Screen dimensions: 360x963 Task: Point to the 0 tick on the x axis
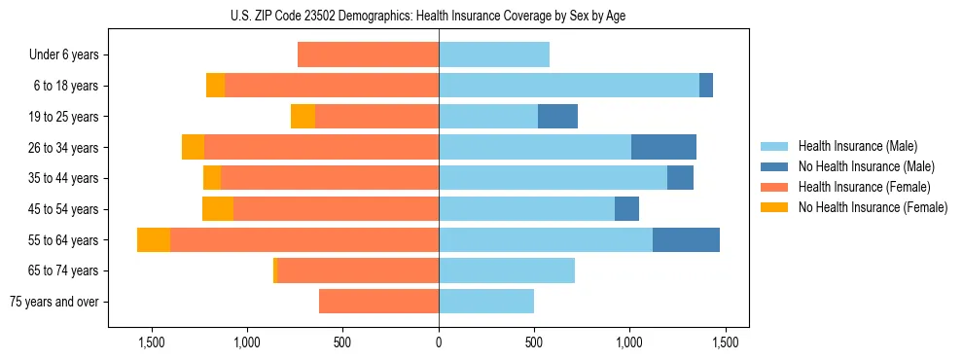(439, 342)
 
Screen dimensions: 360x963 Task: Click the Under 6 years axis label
(63, 55)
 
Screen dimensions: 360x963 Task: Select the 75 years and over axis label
(53, 302)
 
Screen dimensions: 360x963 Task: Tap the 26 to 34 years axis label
(63, 148)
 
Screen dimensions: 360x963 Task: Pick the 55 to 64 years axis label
(63, 240)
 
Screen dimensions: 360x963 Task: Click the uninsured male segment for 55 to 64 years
(686, 239)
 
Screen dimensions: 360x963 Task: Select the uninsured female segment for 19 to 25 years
(303, 117)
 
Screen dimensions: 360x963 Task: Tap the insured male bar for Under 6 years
(494, 54)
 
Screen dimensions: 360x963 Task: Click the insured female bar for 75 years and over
(378, 302)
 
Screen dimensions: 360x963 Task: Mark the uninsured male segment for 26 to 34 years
(663, 147)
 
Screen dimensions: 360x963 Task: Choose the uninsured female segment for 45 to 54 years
(218, 209)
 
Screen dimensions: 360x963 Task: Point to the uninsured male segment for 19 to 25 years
(557, 117)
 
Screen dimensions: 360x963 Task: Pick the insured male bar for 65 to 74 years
(507, 270)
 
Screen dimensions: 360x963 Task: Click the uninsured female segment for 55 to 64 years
(154, 239)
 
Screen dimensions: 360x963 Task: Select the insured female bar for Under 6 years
(368, 54)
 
